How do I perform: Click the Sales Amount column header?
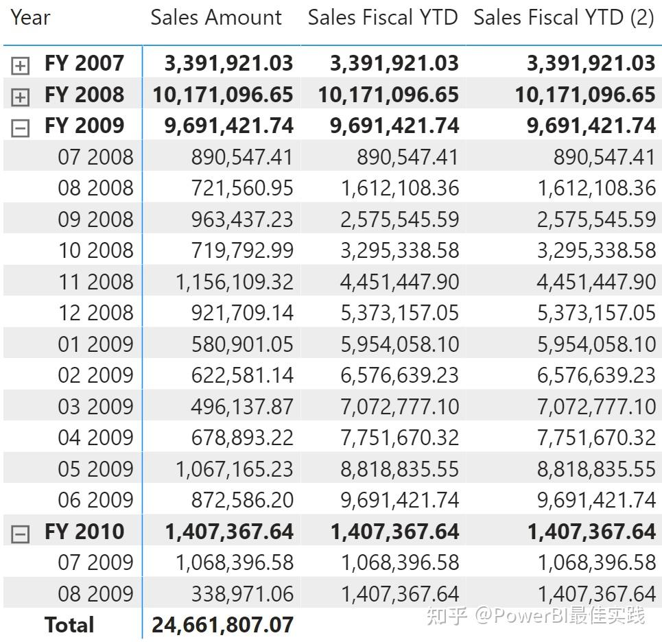pos(216,18)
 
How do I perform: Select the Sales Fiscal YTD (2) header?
pos(564,18)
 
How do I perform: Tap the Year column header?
pos(31,18)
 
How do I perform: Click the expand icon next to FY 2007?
pos(21,66)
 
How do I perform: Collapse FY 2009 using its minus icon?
pos(21,128)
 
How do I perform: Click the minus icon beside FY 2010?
pos(21,534)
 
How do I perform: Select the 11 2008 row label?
pos(95,281)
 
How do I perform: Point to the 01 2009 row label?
pos(95,344)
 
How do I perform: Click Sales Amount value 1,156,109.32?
pos(235,281)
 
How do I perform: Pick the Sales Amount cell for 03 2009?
pos(241,406)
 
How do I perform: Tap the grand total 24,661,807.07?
pos(222,625)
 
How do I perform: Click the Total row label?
pos(69,625)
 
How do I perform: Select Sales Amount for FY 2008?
pos(222,95)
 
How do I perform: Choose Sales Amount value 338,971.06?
pos(241,593)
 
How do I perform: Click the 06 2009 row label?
pos(95,500)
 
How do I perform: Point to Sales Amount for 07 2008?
pos(241,157)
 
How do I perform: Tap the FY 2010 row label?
pos(84,532)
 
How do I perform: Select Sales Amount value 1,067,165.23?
pos(235,468)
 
